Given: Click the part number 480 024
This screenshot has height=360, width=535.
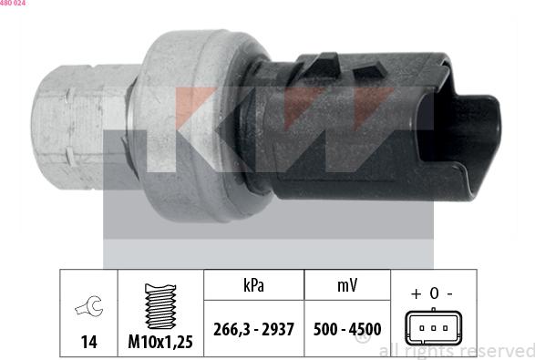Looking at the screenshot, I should point(13,4).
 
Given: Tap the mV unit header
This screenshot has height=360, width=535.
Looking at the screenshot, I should point(347,285).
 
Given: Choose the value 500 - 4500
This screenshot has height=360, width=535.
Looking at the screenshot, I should point(347,328).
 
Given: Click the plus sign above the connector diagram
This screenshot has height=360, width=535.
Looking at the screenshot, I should point(416,293).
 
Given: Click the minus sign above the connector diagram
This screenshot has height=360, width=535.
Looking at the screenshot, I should point(450,293).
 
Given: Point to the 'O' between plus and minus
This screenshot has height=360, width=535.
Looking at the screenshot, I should point(433,293).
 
